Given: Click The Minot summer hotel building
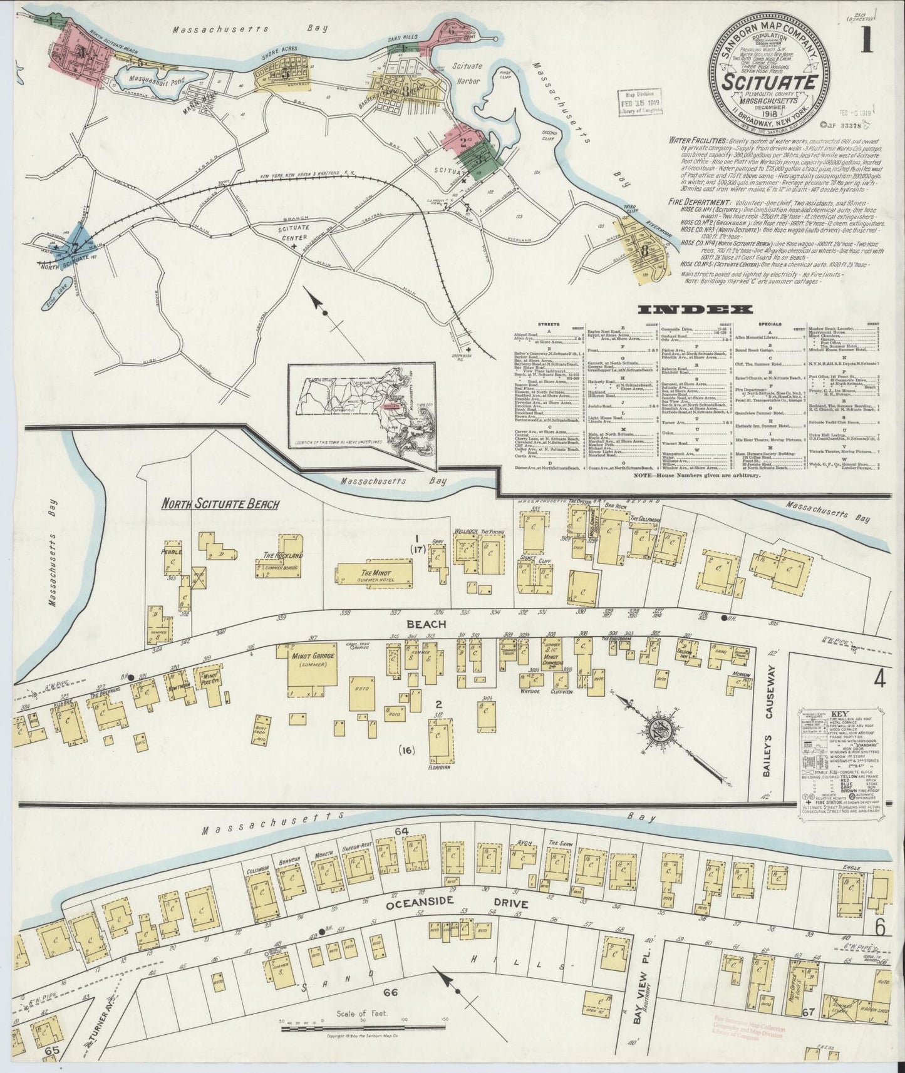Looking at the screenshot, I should [x=375, y=574].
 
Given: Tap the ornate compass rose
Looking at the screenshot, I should [x=665, y=730].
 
